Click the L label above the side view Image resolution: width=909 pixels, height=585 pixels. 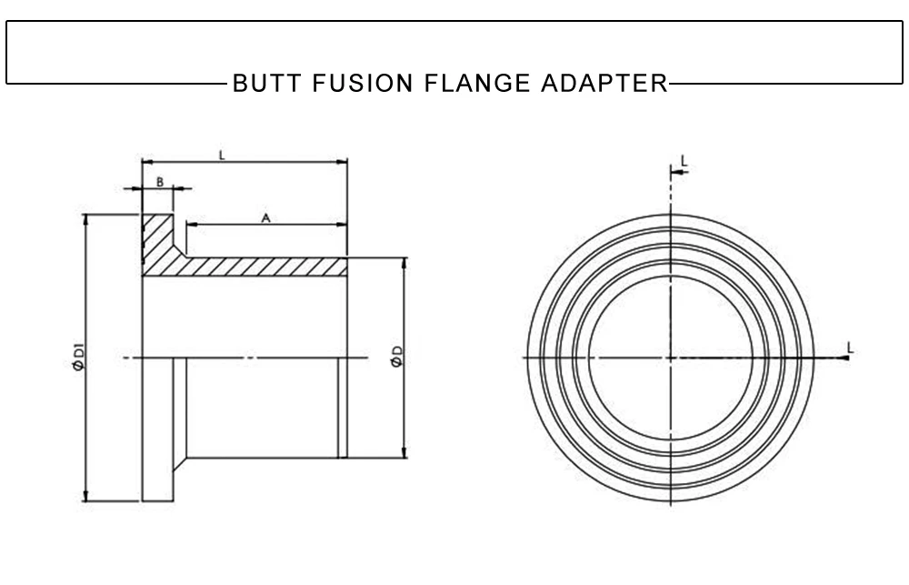click(223, 155)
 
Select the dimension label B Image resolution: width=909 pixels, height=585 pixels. click(158, 182)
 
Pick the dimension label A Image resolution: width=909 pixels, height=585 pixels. click(265, 217)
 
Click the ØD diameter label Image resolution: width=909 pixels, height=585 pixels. click(395, 358)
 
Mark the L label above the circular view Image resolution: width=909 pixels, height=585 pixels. click(684, 161)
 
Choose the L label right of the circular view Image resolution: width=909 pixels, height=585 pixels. click(849, 347)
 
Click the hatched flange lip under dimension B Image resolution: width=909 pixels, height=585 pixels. click(157, 238)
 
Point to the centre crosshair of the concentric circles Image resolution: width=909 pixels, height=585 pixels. click(671, 358)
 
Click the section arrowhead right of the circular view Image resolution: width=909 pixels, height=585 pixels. click(845, 358)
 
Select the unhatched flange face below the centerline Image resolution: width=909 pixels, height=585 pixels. click(157, 428)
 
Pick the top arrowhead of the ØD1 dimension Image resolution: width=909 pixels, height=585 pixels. click(85, 219)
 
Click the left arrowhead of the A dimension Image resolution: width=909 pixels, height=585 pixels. click(190, 225)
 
